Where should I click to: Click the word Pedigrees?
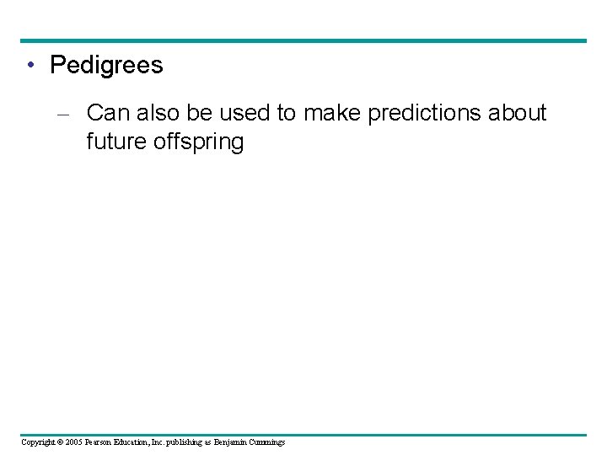pyautogui.click(x=106, y=66)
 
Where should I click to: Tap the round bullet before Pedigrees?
pyautogui.click(x=30, y=66)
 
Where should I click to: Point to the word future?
pyautogui.click(x=116, y=142)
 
